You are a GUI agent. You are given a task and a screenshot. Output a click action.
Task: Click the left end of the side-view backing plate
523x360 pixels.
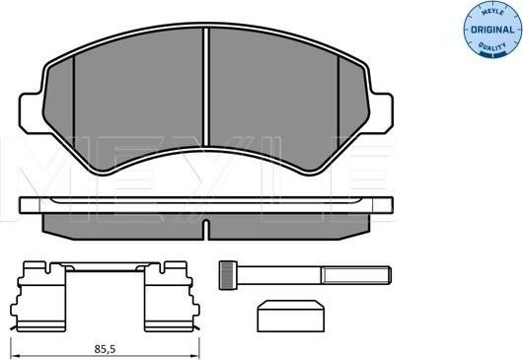(x=25, y=206)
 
